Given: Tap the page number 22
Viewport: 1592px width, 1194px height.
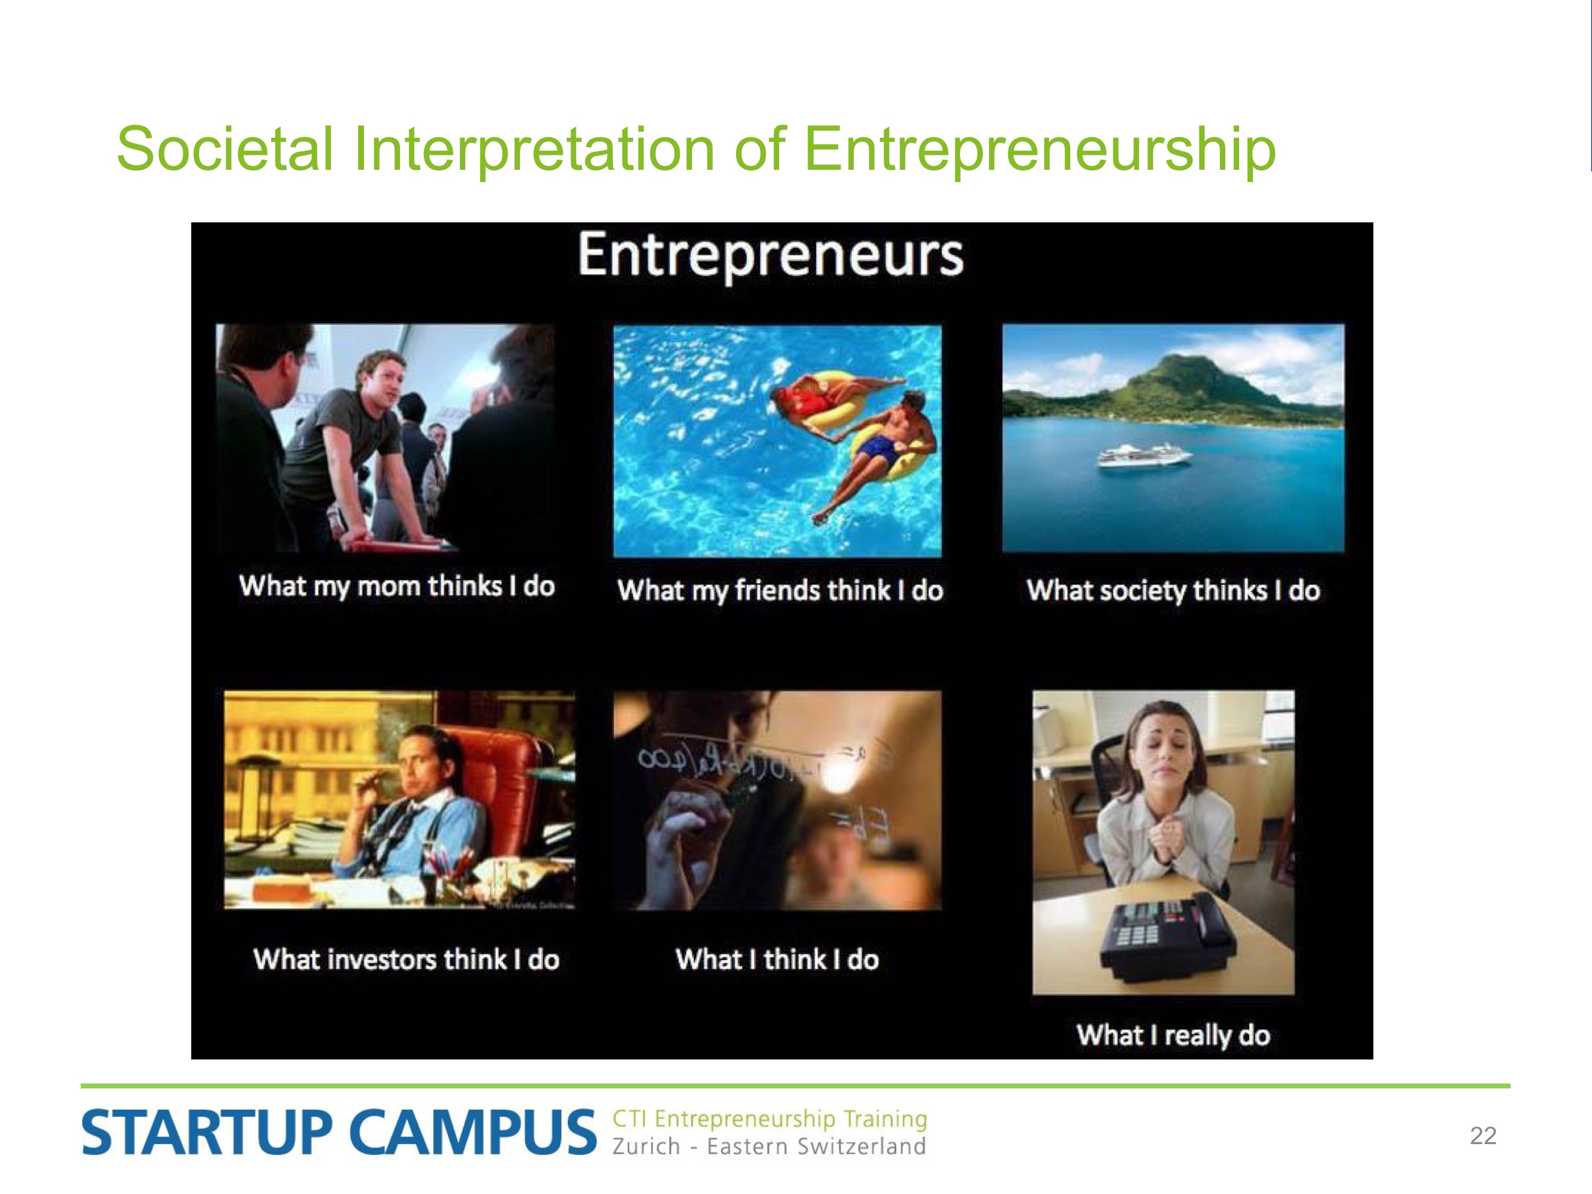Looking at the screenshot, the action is pyautogui.click(x=1483, y=1136).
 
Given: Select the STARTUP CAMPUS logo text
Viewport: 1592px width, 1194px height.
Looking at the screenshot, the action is pyautogui.click(x=339, y=1132).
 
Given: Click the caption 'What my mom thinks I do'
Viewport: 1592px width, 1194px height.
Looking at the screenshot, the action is pyautogui.click(x=396, y=586).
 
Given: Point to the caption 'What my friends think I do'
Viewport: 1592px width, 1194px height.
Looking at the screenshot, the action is pyautogui.click(x=780, y=590).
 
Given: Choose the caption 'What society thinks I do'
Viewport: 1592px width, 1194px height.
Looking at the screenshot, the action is pyautogui.click(x=1173, y=590).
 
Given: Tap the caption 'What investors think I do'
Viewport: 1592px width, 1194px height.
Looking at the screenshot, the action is pyautogui.click(x=406, y=959).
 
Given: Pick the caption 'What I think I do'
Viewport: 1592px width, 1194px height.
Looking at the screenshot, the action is pyautogui.click(x=777, y=959).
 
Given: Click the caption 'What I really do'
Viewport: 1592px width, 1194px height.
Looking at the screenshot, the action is pyautogui.click(x=1173, y=1035).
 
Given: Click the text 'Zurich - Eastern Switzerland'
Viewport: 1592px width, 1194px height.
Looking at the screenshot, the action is pyautogui.click(x=768, y=1146).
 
